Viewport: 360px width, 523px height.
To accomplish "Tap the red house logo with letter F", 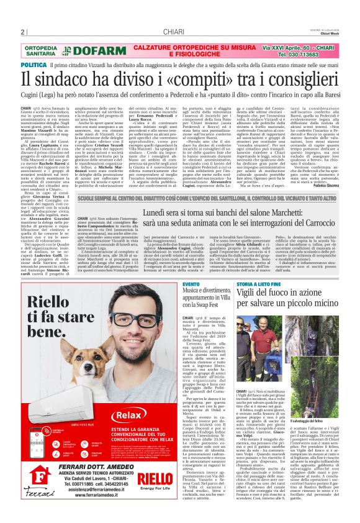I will point(37,478).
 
